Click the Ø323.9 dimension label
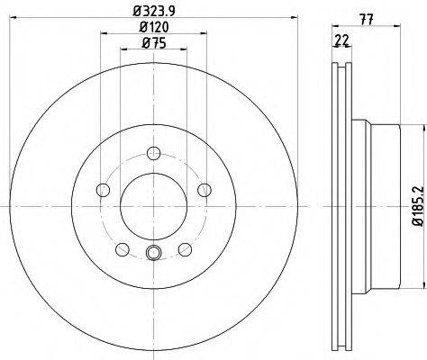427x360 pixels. pos(154,11)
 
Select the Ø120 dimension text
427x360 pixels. pos(154,27)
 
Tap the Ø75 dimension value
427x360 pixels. pos(153,43)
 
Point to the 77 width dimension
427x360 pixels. pos(367,20)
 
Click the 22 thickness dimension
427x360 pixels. pos(342,40)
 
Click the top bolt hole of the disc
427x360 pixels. pos(153,153)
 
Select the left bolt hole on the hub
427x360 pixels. pos(104,190)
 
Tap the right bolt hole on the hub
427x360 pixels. pos(204,190)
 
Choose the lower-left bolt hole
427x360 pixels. pos(123,249)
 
